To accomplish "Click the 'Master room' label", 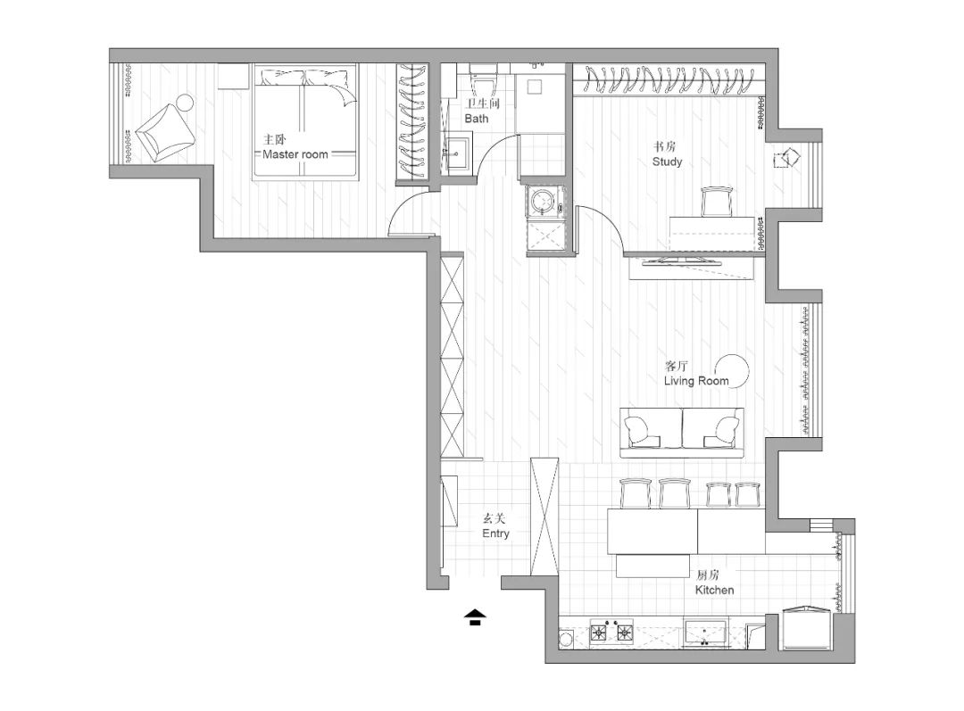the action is tap(295, 155).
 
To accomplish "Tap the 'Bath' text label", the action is tap(477, 119).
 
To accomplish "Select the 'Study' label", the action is tap(667, 161).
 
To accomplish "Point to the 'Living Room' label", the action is tap(696, 381).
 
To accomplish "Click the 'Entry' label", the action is tap(495, 533).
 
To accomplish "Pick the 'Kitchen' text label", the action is tap(714, 590).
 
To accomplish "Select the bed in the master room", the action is tap(305, 121).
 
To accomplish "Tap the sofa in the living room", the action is tap(683, 433).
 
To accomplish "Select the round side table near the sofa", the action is tap(734, 370).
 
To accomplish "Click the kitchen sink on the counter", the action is tap(705, 633).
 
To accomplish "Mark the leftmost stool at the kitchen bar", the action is tap(636, 494).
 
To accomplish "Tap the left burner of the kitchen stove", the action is tap(599, 631).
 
